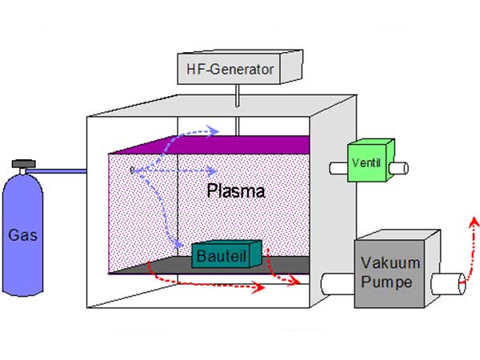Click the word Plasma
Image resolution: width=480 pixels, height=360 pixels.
point(235,192)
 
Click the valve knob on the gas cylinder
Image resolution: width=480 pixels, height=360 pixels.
point(23,164)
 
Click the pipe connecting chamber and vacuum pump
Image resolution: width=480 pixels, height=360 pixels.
point(336,283)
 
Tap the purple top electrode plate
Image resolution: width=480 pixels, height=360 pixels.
point(208,145)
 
